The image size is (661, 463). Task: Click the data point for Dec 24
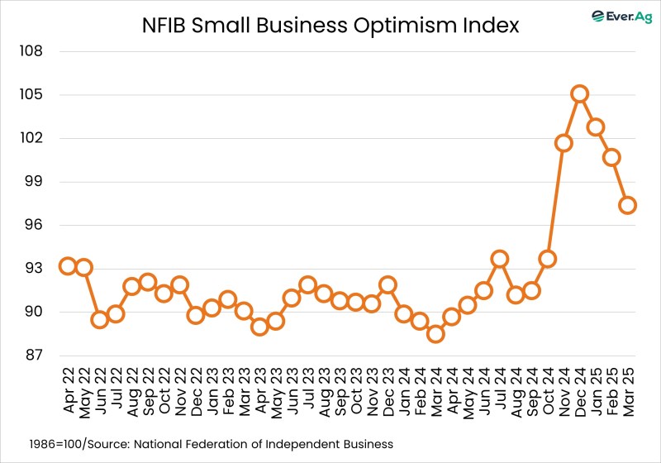tap(579, 94)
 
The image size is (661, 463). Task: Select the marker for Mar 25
tap(627, 205)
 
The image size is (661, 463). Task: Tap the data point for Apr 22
tap(68, 266)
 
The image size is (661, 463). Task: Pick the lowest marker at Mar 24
tap(435, 334)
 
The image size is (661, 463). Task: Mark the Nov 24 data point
tap(564, 143)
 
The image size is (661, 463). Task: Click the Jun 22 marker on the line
tap(100, 320)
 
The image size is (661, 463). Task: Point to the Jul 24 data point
tap(499, 259)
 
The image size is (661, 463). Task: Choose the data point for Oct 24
tap(547, 259)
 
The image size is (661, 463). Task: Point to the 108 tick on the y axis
tap(31, 51)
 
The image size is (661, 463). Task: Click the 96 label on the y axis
tap(31, 225)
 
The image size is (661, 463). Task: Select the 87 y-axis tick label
tap(31, 356)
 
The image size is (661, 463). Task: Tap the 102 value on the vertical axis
tap(31, 138)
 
